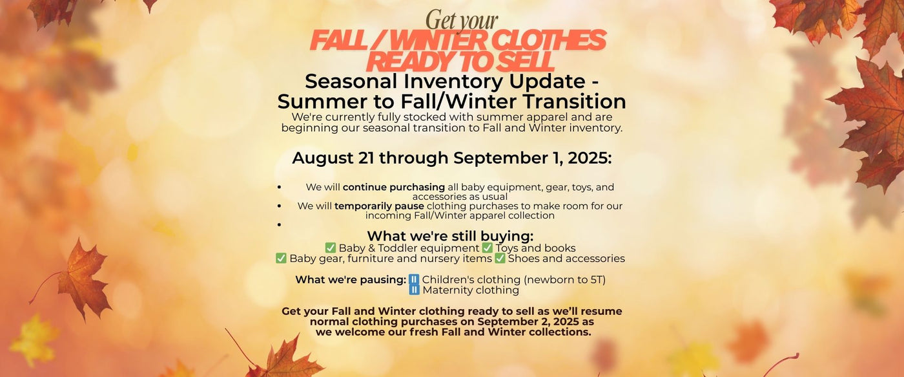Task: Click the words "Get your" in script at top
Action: [462, 20]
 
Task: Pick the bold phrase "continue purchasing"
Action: [393, 187]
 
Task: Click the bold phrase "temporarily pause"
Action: [379, 206]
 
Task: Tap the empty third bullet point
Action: [279, 224]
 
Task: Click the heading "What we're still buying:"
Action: [450, 235]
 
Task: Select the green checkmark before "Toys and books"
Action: [487, 248]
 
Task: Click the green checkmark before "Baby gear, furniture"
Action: [281, 258]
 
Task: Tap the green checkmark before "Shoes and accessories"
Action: [500, 258]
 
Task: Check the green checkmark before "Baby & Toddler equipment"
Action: [331, 248]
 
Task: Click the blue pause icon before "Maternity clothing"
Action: [414, 290]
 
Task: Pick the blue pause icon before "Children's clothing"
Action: [414, 279]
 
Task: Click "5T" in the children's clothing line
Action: [595, 279]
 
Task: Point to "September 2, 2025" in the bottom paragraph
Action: [529, 321]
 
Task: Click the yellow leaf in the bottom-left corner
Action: [35, 340]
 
